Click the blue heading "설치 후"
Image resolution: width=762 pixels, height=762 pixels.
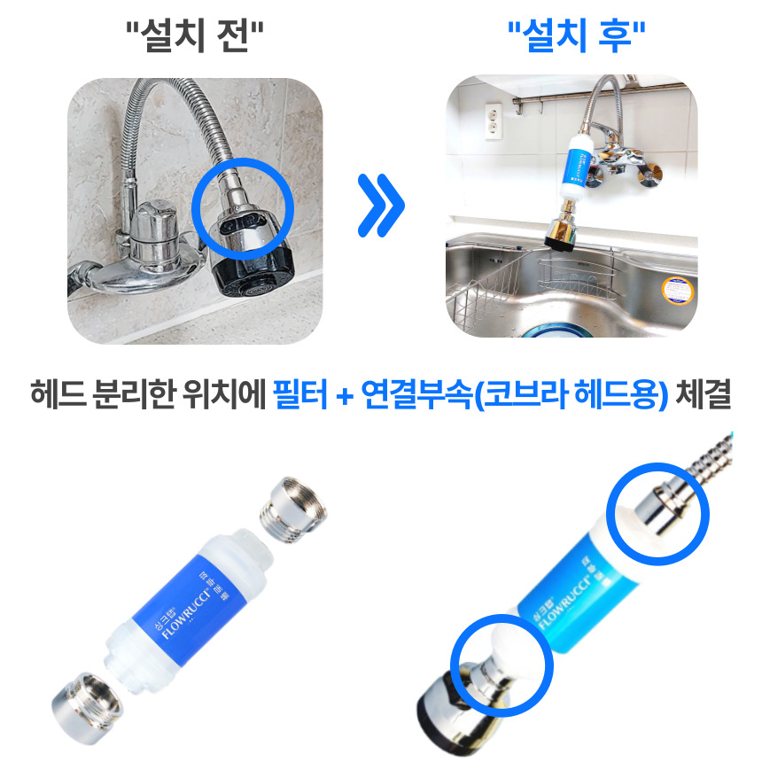click(575, 37)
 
